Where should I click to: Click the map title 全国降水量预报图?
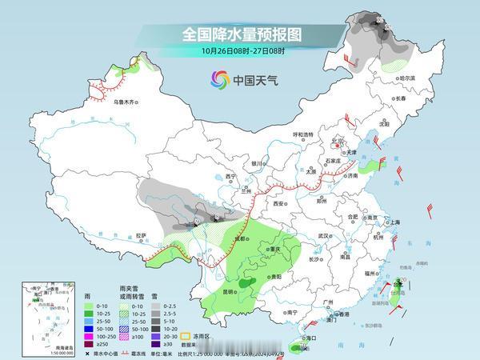(x=240, y=34)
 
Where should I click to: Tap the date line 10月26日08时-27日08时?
(x=240, y=51)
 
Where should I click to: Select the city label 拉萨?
(x=142, y=235)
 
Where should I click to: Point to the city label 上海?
(x=394, y=222)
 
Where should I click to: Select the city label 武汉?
(x=324, y=236)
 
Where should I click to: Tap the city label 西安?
(x=279, y=204)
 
